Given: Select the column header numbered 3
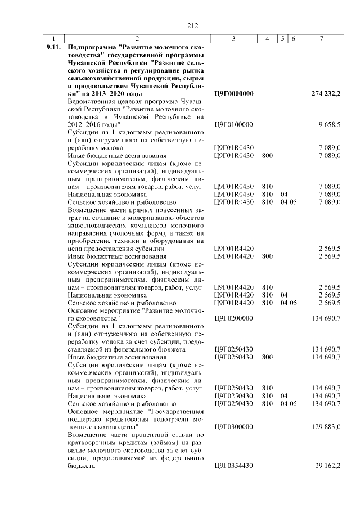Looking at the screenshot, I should click(233, 39).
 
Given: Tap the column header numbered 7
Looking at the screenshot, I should click(321, 39).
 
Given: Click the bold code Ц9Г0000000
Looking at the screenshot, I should click(234, 93).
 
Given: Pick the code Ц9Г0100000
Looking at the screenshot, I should click(234, 124).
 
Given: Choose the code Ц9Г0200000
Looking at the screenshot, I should click(234, 318).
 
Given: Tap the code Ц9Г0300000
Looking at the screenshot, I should click(234, 427).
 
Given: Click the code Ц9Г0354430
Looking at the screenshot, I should click(234, 466).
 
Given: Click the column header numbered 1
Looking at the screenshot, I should click(53, 39).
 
